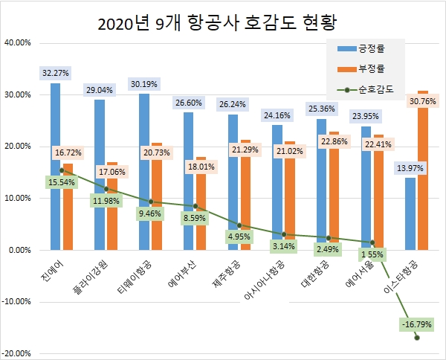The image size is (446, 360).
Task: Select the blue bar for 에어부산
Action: point(188,181)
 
